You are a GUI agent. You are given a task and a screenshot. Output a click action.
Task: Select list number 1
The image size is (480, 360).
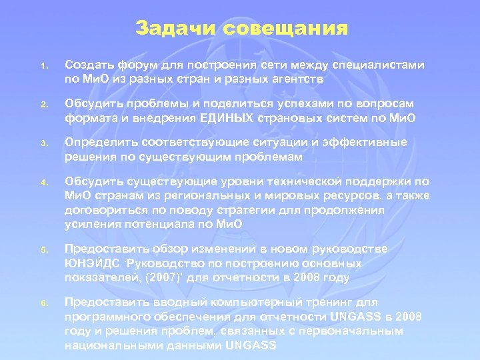tap(41, 67)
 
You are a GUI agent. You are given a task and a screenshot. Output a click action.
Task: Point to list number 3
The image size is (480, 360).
tap(41, 144)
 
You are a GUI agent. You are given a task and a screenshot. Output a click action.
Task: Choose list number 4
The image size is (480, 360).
tap(41, 182)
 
